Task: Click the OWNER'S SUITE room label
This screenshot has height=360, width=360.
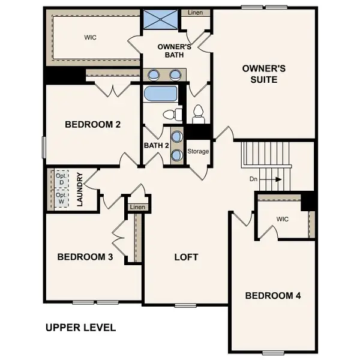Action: (263, 74)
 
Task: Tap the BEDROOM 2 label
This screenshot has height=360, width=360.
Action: (93, 125)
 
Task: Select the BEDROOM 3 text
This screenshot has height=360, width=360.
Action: (85, 257)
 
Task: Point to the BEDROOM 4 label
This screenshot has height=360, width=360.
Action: (273, 296)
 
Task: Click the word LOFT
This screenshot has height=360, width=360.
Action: (186, 257)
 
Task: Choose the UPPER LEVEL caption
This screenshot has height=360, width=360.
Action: (81, 328)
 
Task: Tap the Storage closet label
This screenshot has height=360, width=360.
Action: (198, 151)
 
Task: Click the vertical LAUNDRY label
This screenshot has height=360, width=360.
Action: (79, 190)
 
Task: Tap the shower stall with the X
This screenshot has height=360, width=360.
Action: (161, 19)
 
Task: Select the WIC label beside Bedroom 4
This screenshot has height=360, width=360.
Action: (283, 219)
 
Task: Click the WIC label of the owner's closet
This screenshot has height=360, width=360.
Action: (91, 37)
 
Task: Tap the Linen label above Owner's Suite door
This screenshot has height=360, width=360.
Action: (195, 13)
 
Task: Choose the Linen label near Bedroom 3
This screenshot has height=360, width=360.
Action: (137, 207)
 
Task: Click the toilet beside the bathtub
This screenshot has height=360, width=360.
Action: (171, 113)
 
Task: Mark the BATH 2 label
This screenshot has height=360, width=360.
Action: (156, 145)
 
